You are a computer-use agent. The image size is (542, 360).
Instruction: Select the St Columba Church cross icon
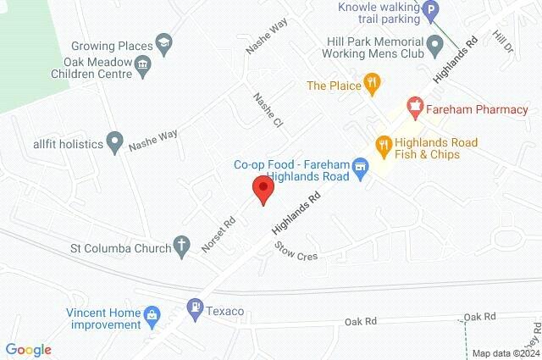[x=180, y=246]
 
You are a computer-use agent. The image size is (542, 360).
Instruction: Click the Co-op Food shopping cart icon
[x=362, y=165]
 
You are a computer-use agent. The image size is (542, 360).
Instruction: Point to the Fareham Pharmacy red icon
[x=415, y=108]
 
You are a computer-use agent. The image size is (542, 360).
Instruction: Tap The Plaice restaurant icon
[x=370, y=84]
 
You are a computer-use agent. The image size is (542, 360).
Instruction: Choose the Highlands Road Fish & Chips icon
[x=383, y=146]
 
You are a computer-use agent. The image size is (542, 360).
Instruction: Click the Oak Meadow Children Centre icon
[x=143, y=64]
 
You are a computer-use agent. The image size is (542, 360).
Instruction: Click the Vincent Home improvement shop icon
[x=152, y=316]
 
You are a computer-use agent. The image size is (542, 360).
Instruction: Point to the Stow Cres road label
[x=296, y=250]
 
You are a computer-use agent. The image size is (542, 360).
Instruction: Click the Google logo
[x=28, y=349]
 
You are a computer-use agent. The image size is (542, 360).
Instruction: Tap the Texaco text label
[x=224, y=312]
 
